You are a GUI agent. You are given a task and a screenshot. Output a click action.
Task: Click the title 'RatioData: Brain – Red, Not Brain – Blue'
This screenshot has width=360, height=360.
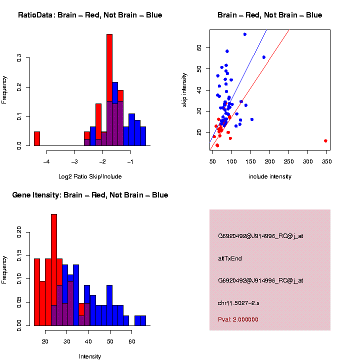point(90,15)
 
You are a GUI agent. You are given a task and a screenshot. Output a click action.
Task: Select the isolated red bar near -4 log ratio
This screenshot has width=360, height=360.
point(37,138)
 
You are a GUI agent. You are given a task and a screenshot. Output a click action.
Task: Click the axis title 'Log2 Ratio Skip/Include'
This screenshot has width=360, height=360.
point(90,176)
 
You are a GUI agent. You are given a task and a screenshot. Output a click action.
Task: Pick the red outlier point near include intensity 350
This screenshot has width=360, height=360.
point(325,141)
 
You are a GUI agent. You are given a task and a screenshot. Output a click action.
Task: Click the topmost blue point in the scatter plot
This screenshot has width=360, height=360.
point(245,34)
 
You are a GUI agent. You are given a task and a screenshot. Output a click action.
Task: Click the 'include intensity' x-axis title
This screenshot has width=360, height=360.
point(270,176)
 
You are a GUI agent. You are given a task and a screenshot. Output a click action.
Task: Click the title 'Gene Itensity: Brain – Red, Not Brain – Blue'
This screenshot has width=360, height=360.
point(90,195)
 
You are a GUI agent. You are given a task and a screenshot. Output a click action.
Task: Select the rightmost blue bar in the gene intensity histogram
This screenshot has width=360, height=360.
point(143,320)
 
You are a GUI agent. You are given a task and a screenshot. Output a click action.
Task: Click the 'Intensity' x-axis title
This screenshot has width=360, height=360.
point(90,356)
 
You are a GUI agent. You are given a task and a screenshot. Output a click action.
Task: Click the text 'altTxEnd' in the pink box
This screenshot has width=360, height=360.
point(230,258)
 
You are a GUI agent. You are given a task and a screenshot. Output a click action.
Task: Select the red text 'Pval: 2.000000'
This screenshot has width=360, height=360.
point(238,319)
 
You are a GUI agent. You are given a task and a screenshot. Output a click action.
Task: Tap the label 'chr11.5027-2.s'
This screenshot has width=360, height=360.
point(238,302)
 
